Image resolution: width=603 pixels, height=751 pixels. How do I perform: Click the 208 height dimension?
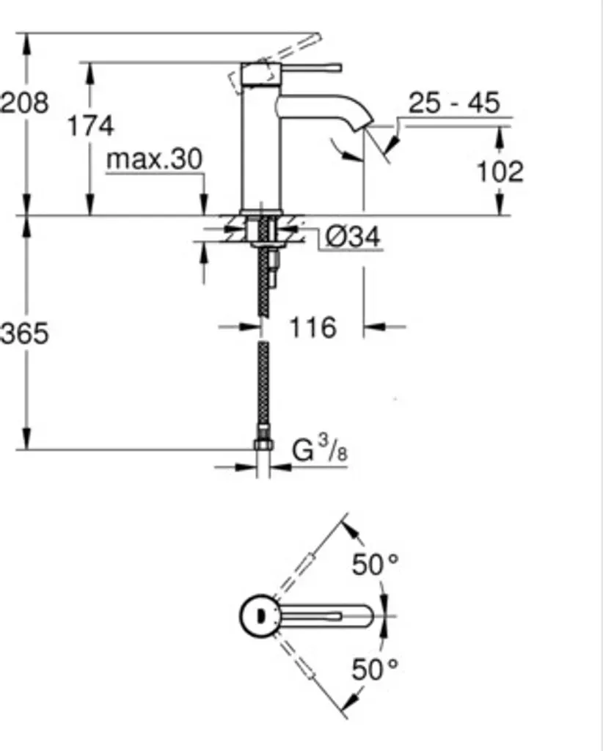[x=24, y=103]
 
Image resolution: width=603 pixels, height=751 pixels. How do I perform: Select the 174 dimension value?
[x=91, y=126]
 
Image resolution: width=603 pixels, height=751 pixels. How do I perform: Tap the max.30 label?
[x=154, y=158]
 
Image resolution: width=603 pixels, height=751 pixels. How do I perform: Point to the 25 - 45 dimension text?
[x=454, y=102]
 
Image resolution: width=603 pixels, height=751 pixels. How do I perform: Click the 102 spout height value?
[x=500, y=171]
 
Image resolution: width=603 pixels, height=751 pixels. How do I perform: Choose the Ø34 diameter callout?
[x=353, y=237]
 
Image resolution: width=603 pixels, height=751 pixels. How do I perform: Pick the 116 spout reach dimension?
[x=313, y=328]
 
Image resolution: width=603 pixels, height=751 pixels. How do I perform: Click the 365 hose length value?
[x=24, y=333]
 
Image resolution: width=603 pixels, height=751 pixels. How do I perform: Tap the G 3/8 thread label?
[x=319, y=450]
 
